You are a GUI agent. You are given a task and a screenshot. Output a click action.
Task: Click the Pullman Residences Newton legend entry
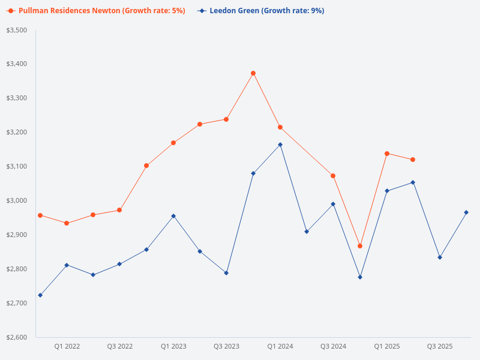point(96,11)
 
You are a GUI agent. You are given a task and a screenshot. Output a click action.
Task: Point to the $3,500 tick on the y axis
point(17,30)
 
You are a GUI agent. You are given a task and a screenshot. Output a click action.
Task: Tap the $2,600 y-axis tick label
point(17,337)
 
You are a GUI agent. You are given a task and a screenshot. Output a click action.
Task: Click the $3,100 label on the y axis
point(17,166)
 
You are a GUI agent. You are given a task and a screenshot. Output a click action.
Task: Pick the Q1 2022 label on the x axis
point(67,346)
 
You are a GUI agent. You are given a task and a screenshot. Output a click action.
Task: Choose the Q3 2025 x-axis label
point(440,346)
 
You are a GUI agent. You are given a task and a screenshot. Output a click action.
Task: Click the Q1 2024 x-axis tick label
point(280,346)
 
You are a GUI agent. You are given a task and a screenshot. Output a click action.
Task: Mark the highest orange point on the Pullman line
point(253,73)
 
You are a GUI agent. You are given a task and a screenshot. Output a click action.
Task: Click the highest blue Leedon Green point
point(280,145)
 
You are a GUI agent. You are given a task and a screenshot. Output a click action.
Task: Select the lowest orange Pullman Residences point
point(360,246)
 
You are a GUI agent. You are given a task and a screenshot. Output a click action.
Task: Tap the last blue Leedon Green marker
point(466,212)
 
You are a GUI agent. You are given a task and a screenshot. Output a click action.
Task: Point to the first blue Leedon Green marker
point(40,295)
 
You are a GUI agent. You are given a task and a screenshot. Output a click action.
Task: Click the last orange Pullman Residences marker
point(413,160)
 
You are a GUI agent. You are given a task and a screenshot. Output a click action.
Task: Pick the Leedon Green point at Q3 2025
point(440,257)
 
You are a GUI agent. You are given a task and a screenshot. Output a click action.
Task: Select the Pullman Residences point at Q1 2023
point(173,143)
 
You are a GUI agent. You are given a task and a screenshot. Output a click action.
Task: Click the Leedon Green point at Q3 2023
point(226,273)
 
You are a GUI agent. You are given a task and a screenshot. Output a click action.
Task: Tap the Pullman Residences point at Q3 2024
point(333,176)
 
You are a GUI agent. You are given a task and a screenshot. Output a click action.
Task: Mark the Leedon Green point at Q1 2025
point(386,191)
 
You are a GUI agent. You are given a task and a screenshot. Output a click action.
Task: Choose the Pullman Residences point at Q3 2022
point(119,210)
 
